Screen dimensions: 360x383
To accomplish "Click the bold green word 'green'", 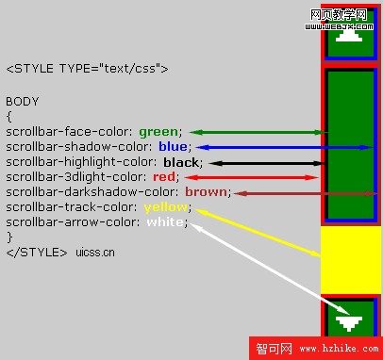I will click(158, 132).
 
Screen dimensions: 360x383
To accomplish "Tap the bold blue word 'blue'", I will click(173, 147).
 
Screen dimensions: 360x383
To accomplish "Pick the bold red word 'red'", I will click(164, 177).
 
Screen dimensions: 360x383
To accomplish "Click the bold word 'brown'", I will click(206, 192).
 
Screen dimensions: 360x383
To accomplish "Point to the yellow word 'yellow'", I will click(164, 207).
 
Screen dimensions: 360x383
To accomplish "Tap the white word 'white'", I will click(165, 222).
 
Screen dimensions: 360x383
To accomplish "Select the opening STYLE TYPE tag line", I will click(87, 69).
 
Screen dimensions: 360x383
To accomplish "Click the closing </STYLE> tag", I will click(36, 252).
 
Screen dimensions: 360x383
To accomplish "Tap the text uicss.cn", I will click(96, 253).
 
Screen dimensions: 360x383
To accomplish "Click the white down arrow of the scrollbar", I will click(350, 323).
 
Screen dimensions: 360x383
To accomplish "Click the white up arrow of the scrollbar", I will click(350, 36).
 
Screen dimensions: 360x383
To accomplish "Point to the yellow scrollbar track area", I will click(350, 259).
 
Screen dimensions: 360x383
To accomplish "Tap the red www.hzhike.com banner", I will click(316, 349).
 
